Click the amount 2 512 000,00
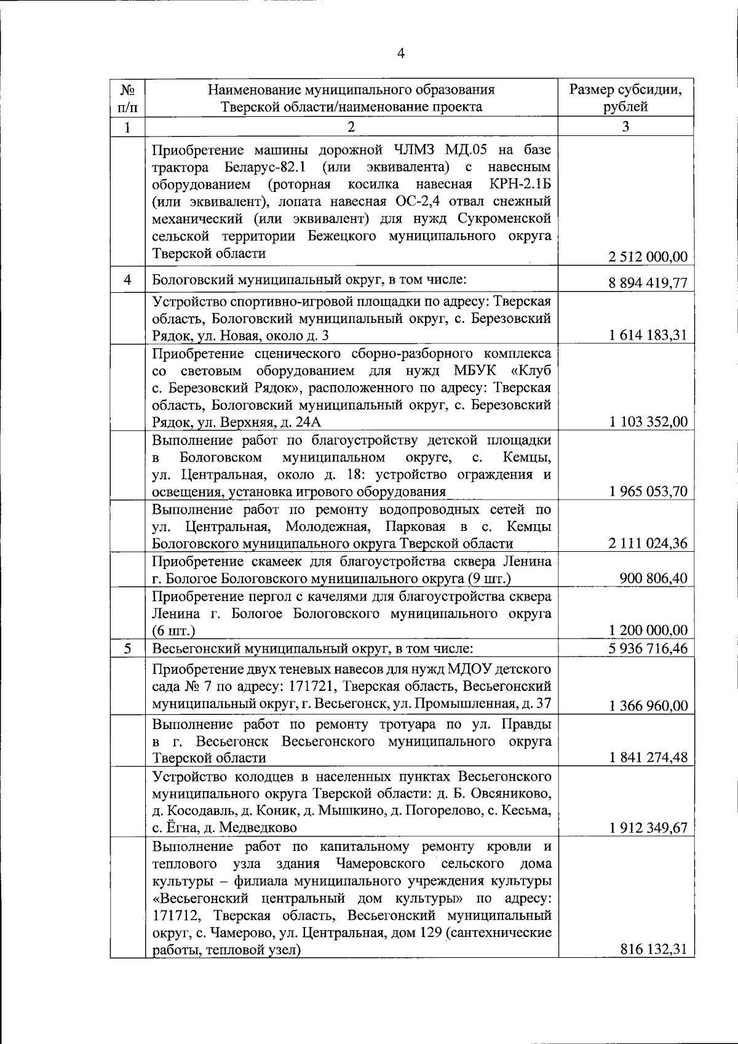pyautogui.click(x=648, y=257)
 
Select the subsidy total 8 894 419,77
pyautogui.click(x=648, y=283)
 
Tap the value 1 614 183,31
pyautogui.click(x=648, y=335)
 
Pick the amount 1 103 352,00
pyautogui.click(x=648, y=422)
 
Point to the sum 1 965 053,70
pyautogui.click(x=648, y=491)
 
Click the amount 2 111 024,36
pyautogui.click(x=648, y=543)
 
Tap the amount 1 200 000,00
pyautogui.click(x=648, y=631)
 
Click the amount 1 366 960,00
pyautogui.click(x=648, y=706)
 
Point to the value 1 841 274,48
pyautogui.click(x=648, y=758)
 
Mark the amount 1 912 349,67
pyautogui.click(x=648, y=827)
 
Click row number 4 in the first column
pyautogui.click(x=128, y=279)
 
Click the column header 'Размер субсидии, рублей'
pyautogui.click(x=625, y=98)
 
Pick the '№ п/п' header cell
pyautogui.click(x=128, y=98)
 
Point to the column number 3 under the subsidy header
pyautogui.click(x=625, y=127)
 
